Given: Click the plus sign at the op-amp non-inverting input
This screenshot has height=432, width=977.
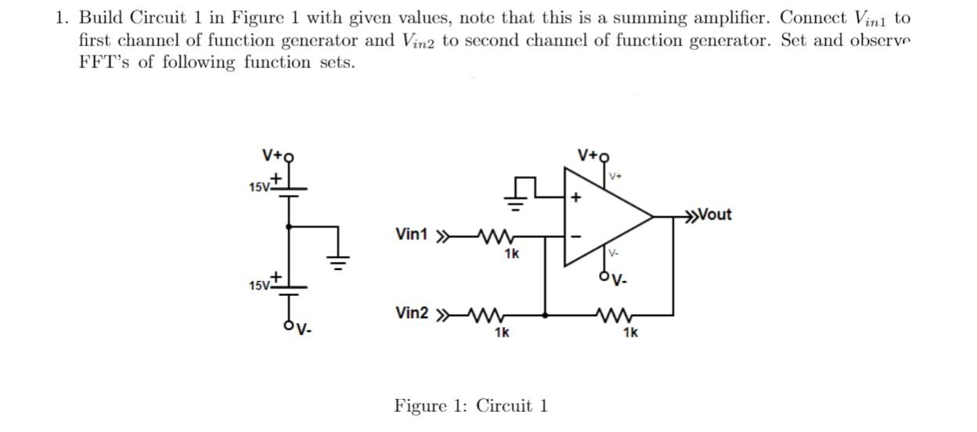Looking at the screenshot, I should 577,199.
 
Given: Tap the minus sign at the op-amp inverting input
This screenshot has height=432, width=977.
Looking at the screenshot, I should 577,234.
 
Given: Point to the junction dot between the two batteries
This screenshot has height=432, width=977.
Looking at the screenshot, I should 290,227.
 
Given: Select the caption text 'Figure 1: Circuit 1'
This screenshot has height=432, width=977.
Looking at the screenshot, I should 470,405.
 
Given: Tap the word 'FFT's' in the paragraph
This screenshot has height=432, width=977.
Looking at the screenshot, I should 105,63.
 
